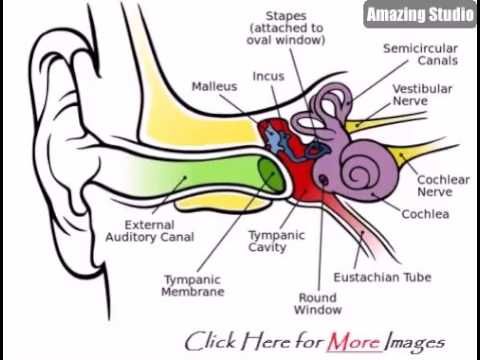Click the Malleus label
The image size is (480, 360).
click(x=215, y=87)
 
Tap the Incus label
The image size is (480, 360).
click(x=268, y=76)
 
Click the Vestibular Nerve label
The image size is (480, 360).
click(x=422, y=95)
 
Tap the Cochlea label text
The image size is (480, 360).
click(x=425, y=213)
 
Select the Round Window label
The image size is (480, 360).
click(x=319, y=303)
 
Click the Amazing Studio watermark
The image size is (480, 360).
click(x=418, y=15)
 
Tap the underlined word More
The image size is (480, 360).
click(x=355, y=342)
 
